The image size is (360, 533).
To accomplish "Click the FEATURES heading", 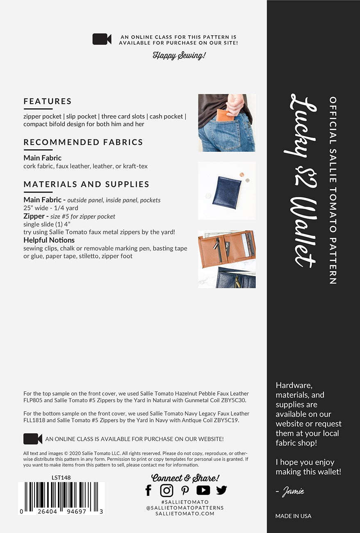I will (x=48, y=101).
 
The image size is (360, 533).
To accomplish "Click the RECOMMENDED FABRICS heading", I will (x=83, y=142).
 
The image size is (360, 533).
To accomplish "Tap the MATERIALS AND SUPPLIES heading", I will (x=87, y=184).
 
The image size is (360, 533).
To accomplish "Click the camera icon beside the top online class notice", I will (x=102, y=39).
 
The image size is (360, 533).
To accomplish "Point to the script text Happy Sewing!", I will (x=179, y=55).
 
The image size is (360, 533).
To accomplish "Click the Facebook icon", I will (x=148, y=490).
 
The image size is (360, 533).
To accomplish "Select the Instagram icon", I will (x=166, y=490).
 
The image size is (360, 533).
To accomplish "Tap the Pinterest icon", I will (x=185, y=490).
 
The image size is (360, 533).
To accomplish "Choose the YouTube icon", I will (x=203, y=490).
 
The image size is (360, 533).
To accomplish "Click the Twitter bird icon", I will (x=221, y=490).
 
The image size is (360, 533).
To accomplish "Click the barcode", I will (x=62, y=496).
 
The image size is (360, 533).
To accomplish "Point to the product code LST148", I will (x=61, y=477).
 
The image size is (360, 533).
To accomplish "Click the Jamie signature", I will (x=292, y=491).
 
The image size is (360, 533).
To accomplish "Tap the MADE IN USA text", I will (x=293, y=516).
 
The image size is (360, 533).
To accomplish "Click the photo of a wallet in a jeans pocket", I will (x=227, y=123).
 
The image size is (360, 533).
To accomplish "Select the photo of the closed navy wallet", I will (x=227, y=191).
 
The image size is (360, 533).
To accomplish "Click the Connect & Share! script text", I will (x=185, y=478).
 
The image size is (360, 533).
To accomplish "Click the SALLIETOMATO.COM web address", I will (x=185, y=513).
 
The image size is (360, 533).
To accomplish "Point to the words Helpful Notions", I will (x=49, y=240).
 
